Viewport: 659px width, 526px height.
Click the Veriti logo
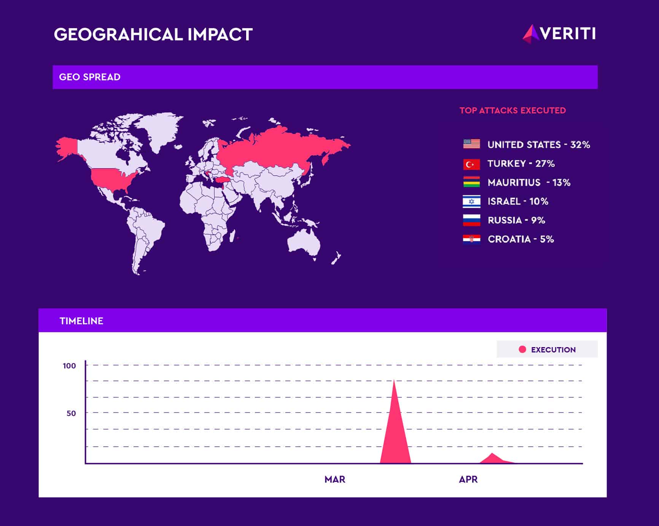click(x=559, y=33)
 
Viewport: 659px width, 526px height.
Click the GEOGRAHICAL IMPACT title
click(x=153, y=34)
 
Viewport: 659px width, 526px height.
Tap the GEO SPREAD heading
click(x=90, y=77)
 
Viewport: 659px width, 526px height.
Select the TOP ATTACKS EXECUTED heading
click(x=513, y=110)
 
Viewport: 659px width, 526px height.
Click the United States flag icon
click(x=471, y=144)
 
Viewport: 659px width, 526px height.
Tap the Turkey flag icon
click(x=471, y=164)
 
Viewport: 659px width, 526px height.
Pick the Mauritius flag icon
click(x=471, y=182)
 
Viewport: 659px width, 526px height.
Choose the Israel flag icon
click(x=471, y=201)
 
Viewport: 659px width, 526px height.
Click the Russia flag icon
click(x=471, y=220)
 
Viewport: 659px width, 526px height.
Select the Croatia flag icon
click(x=471, y=239)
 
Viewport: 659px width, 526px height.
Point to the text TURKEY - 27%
click(x=521, y=164)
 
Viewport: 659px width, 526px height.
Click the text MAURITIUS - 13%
click(x=529, y=183)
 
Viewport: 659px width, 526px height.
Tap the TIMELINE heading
click(x=81, y=321)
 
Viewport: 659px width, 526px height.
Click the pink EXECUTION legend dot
click(x=522, y=349)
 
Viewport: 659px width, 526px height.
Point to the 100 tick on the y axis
click(x=69, y=366)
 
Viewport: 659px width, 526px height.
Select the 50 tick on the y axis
click(x=71, y=413)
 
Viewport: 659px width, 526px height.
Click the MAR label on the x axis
click(x=335, y=480)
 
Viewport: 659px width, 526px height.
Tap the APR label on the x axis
click(x=468, y=480)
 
